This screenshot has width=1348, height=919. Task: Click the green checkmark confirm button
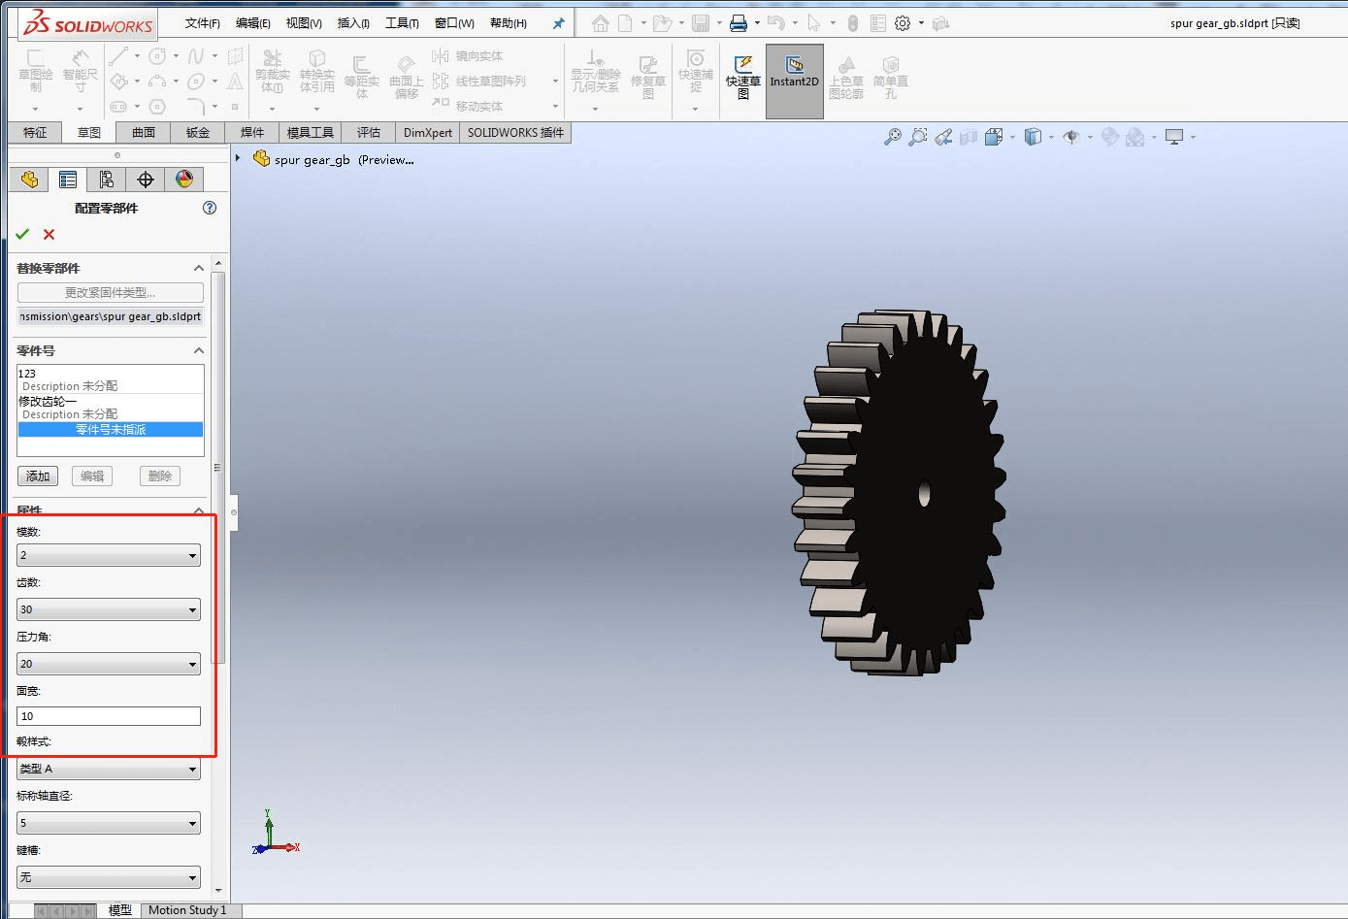tap(22, 234)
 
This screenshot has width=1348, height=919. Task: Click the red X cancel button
tap(49, 234)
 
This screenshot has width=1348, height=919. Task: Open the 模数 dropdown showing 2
tap(109, 555)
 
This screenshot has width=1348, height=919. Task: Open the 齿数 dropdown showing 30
tap(109, 609)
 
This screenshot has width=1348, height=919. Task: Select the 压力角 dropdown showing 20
tap(109, 664)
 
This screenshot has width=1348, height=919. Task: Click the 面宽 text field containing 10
tap(109, 716)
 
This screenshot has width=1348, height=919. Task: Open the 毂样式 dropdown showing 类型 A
tap(109, 769)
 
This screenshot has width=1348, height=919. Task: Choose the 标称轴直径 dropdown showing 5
tap(109, 823)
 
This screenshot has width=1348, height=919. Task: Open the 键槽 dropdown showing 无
tap(109, 877)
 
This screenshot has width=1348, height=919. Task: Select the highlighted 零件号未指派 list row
tap(111, 429)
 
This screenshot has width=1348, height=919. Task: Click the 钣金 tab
tap(198, 133)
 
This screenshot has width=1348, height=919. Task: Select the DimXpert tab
tap(428, 133)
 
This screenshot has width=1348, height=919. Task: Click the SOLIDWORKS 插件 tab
tap(515, 133)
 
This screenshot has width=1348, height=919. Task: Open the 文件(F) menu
tap(202, 23)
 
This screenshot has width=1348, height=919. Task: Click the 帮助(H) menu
tap(509, 23)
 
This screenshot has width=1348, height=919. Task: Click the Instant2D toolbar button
tap(794, 82)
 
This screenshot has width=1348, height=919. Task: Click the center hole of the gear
tap(924, 494)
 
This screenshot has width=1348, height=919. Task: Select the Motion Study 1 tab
tap(187, 910)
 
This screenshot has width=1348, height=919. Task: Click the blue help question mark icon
tap(210, 208)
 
